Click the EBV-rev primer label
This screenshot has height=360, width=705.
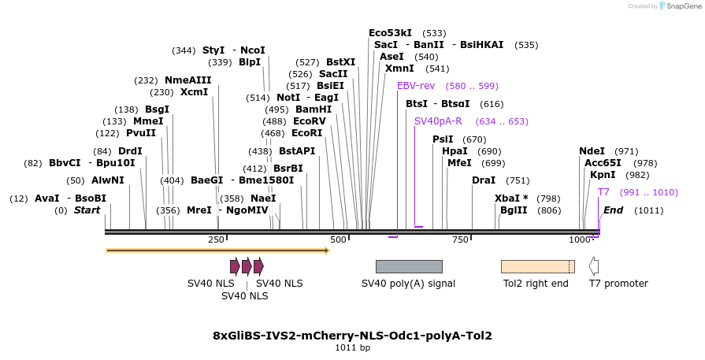click(415, 86)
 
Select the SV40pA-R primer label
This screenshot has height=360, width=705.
click(438, 121)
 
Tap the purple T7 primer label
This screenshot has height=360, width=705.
click(603, 192)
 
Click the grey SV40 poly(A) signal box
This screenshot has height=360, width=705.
click(409, 266)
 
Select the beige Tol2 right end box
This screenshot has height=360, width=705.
click(537, 266)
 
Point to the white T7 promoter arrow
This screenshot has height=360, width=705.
click(594, 266)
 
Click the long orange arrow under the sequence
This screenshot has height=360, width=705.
click(217, 251)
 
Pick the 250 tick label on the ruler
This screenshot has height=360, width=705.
click(216, 239)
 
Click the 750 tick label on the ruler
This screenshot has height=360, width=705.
click(461, 239)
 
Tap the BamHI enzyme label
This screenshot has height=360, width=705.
click(314, 109)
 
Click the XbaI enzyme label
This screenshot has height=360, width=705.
click(507, 199)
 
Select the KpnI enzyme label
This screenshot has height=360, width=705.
click(603, 175)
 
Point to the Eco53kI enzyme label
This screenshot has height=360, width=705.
click(390, 33)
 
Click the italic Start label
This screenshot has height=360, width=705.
click(87, 210)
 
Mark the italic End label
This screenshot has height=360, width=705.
click(613, 210)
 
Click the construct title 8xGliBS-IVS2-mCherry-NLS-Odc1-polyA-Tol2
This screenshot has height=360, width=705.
click(352, 336)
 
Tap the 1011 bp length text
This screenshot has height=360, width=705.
click(352, 347)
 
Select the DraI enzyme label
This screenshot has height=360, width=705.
click(483, 180)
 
